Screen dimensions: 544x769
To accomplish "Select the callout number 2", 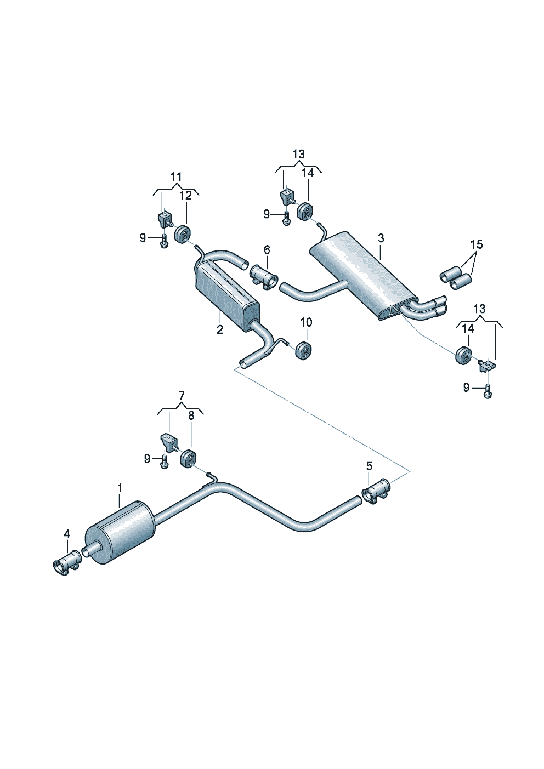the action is click(x=220, y=329).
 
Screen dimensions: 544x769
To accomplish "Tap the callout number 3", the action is click(x=381, y=238).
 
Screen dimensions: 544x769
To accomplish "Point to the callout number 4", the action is click(x=67, y=533).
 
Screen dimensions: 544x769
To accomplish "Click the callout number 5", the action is click(x=369, y=466).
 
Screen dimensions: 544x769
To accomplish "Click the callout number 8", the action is click(x=191, y=415).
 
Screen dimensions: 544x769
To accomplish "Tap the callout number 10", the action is click(x=306, y=322).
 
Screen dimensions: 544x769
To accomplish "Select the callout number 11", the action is click(x=176, y=177).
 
